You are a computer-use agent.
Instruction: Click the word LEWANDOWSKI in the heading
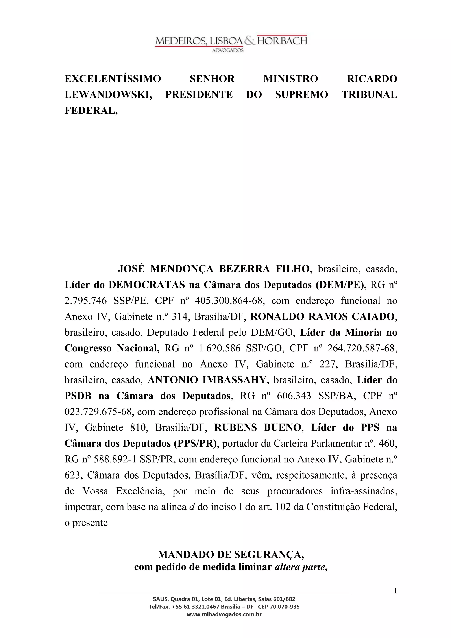click(108, 95)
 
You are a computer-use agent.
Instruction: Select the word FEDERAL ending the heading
click(91, 111)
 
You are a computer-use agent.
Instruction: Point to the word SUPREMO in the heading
click(301, 95)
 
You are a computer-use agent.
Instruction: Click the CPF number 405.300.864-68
click(229, 301)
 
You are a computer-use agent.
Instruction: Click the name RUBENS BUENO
click(258, 427)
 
